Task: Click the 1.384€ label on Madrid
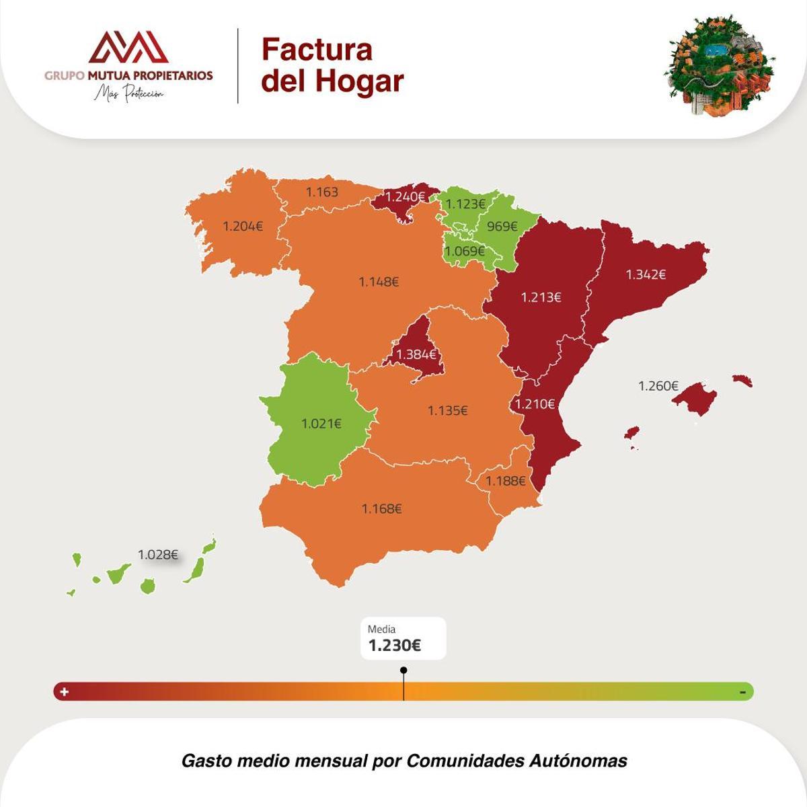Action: tap(416, 354)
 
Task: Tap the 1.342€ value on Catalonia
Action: tap(646, 274)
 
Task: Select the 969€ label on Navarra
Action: tap(502, 227)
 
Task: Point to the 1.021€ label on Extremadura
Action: tap(321, 424)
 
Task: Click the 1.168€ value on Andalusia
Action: tap(381, 509)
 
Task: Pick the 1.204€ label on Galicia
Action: tap(243, 227)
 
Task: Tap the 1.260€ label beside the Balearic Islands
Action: tap(658, 386)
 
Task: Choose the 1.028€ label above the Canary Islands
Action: tap(158, 555)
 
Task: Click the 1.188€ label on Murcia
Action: tap(505, 481)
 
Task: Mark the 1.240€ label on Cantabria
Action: tap(405, 197)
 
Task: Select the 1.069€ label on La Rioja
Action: tap(465, 252)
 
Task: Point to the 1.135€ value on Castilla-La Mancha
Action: tap(447, 410)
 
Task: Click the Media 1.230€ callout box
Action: tap(403, 638)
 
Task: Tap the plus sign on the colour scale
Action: tap(65, 691)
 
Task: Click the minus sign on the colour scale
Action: tap(742, 692)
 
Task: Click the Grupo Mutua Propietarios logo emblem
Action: tap(128, 47)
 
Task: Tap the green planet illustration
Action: tap(720, 66)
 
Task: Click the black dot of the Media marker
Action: tap(403, 670)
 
